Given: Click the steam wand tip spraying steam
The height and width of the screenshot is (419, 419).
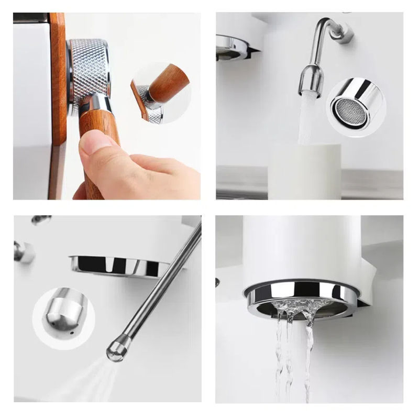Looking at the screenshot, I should click(x=116, y=349).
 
